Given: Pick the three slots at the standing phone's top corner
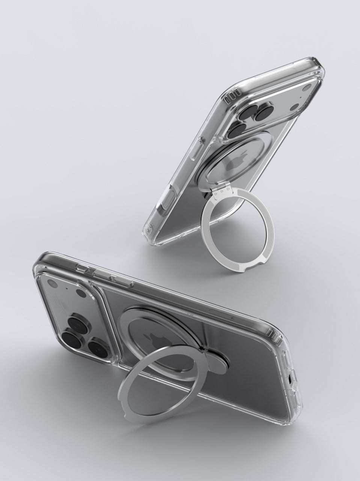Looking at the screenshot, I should (x=232, y=95).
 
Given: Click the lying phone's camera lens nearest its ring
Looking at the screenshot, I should (x=97, y=346).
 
